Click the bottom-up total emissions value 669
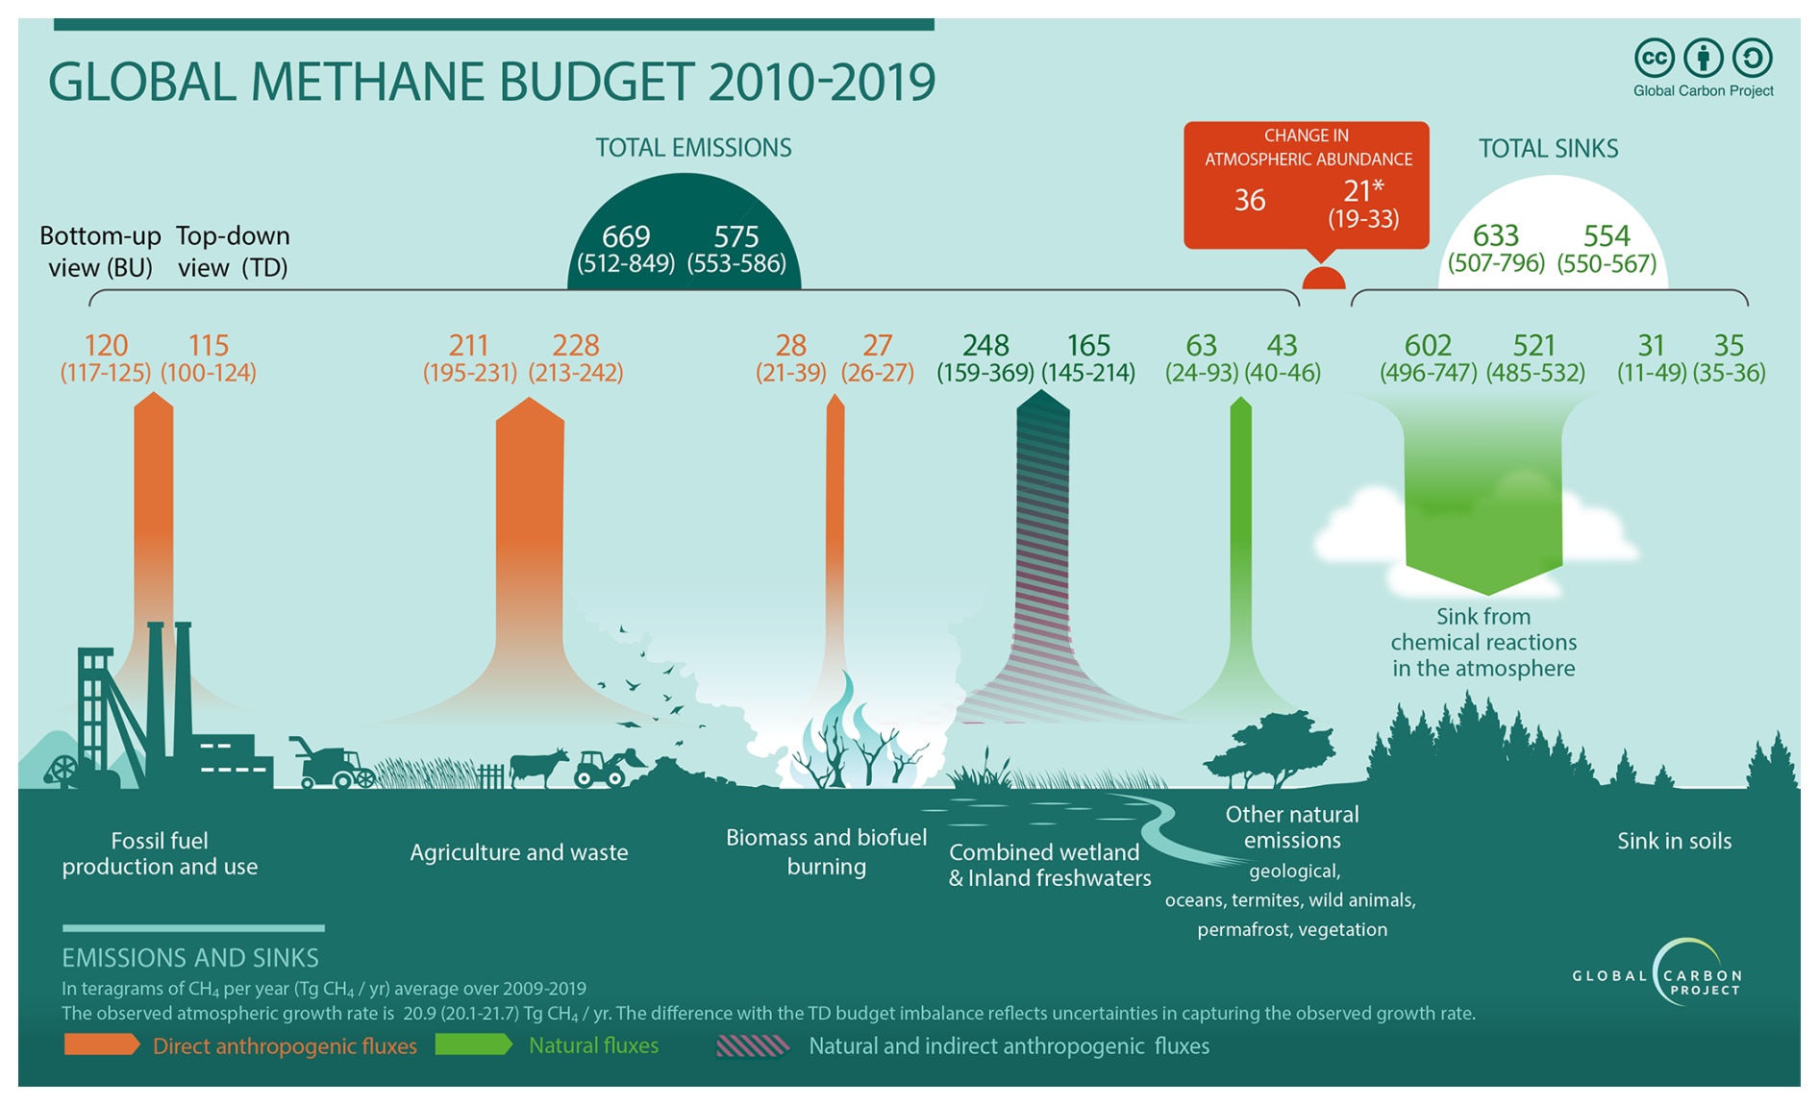(626, 236)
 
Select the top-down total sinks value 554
(1607, 236)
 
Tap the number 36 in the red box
(1250, 200)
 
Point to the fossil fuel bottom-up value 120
(106, 345)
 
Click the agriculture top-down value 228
(576, 345)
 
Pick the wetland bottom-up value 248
(985, 345)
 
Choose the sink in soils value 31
(1651, 345)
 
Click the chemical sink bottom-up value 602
(1428, 345)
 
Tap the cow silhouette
(538, 767)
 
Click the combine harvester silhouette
(332, 764)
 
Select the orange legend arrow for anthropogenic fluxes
(102, 1044)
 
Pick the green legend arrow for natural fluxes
(473, 1044)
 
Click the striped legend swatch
(753, 1045)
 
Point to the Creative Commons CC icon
(1655, 58)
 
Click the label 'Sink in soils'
(1674, 841)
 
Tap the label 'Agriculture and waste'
(519, 852)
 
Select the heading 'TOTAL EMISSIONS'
(693, 148)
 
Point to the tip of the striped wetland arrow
(1042, 390)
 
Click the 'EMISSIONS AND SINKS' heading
(190, 958)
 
